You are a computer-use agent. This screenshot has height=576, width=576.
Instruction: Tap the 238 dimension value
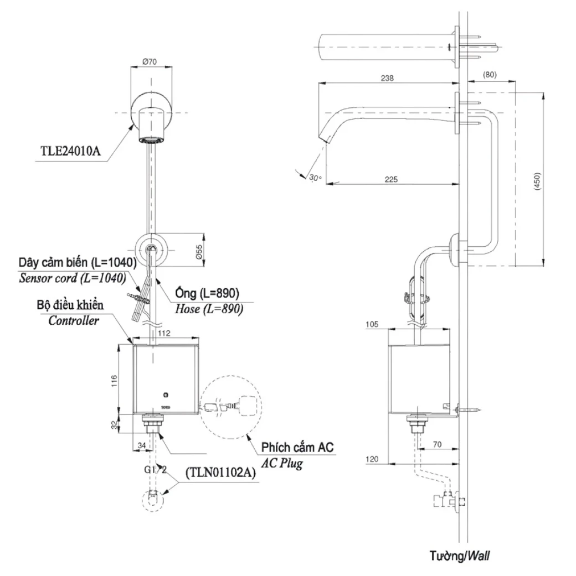pos(387,78)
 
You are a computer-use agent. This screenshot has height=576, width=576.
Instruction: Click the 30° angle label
pos(315,178)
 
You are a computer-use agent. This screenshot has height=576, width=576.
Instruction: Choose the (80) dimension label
pos(489,74)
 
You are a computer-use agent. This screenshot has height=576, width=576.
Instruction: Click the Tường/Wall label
pos(459,555)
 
